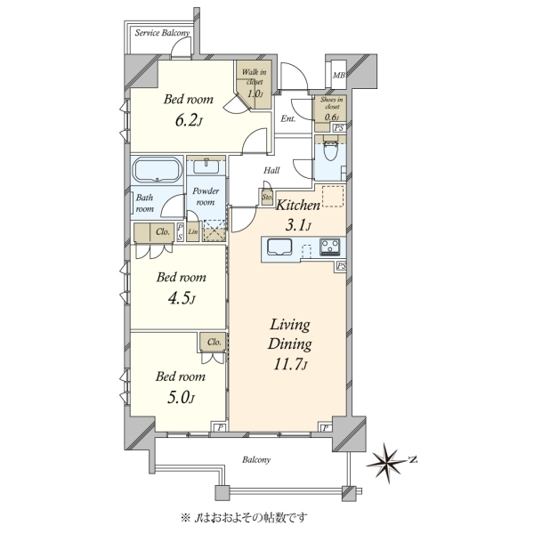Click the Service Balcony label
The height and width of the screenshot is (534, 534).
[x=162, y=33]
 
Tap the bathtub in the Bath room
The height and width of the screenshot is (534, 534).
[x=157, y=170]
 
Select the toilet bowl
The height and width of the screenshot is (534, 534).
[x=329, y=150]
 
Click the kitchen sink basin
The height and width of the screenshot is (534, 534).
[x=279, y=247]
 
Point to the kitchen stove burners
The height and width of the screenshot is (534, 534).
[x=329, y=247]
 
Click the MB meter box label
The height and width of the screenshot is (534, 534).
[x=338, y=76]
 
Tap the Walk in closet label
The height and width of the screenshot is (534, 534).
[x=254, y=77]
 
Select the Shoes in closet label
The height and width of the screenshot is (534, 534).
[x=332, y=103]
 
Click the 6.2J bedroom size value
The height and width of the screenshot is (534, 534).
[x=189, y=121]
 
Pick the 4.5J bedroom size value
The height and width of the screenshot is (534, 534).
[x=182, y=299]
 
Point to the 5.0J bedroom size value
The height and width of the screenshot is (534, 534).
[x=181, y=398]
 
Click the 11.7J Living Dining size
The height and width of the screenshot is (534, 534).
[x=290, y=365]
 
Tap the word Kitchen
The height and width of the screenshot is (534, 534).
[x=297, y=206]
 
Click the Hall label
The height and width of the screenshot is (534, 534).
[x=271, y=170]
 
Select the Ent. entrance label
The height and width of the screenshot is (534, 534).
[x=288, y=119]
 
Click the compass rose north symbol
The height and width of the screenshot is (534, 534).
[x=387, y=463]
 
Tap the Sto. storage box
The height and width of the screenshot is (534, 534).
[x=267, y=197]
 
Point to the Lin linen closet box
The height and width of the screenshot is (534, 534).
[x=193, y=232]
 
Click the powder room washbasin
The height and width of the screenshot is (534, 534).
[x=206, y=166]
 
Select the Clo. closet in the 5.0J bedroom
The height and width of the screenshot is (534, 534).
[x=214, y=342]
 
